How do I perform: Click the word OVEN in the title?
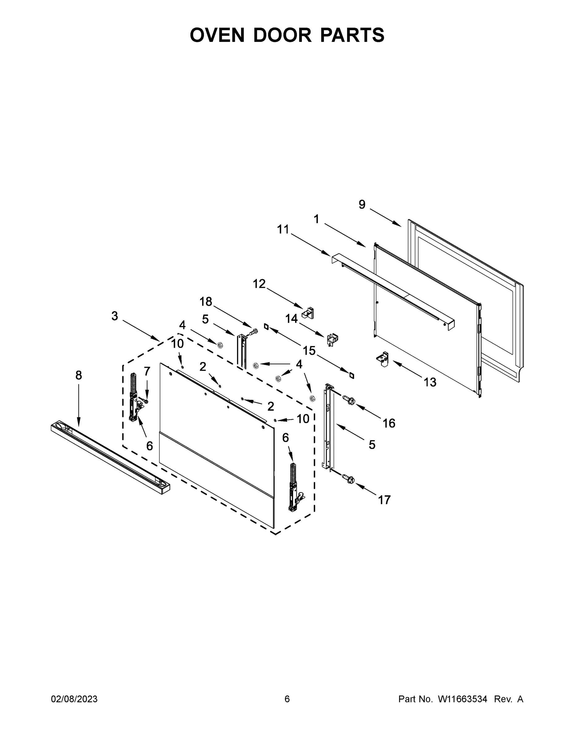[x=217, y=35]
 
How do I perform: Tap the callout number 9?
[x=362, y=204]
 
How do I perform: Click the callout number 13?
[x=430, y=382]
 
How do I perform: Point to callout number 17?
[x=384, y=500]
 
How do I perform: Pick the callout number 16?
[x=389, y=423]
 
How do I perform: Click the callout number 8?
[x=79, y=375]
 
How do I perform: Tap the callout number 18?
[x=206, y=302]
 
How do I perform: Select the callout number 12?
[x=259, y=283]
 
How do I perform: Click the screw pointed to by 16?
[x=349, y=400]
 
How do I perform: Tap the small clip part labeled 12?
[x=308, y=313]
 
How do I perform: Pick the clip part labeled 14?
[x=332, y=339]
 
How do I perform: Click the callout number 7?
[x=147, y=371]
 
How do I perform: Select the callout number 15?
[x=309, y=350]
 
